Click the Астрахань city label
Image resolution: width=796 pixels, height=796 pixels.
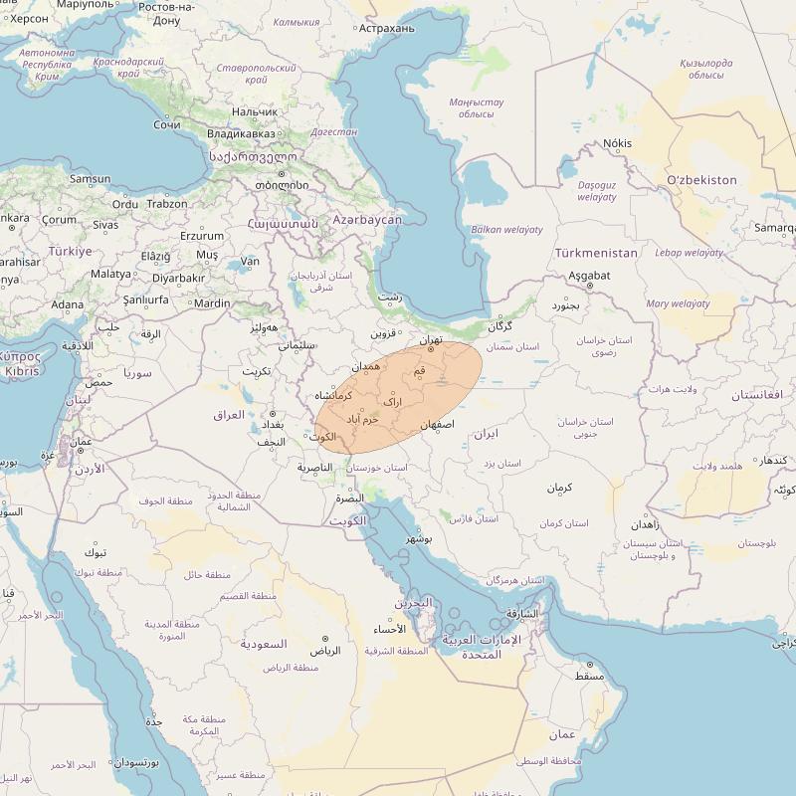pyautogui.click(x=387, y=28)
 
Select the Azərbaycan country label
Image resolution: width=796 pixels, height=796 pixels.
pyautogui.click(x=367, y=219)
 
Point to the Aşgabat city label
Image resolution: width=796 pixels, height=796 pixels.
pyautogui.click(x=588, y=275)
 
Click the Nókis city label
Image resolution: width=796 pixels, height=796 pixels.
pyautogui.click(x=617, y=143)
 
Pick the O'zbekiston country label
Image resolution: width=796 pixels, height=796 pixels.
pyautogui.click(x=702, y=180)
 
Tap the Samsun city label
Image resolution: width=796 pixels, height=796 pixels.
pyautogui.click(x=91, y=179)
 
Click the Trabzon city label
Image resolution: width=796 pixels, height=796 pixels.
pyautogui.click(x=166, y=204)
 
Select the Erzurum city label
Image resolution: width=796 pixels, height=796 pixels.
pyautogui.click(x=202, y=236)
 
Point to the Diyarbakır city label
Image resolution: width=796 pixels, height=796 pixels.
pyautogui.click(x=178, y=279)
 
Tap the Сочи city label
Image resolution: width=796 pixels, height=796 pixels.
pyautogui.click(x=167, y=125)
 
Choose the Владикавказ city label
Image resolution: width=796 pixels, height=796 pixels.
pyautogui.click(x=241, y=133)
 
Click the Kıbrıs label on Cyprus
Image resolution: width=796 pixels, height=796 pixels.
pyautogui.click(x=22, y=371)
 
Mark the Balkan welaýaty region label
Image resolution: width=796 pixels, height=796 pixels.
pyautogui.click(x=507, y=230)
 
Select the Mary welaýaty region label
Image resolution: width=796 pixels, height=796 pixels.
pyautogui.click(x=678, y=303)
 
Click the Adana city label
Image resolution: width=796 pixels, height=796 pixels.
pyautogui.click(x=68, y=304)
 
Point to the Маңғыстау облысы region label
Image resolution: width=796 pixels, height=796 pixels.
pyautogui.click(x=476, y=107)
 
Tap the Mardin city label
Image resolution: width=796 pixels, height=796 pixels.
pyautogui.click(x=212, y=304)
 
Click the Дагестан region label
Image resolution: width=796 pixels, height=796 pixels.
pyautogui.click(x=334, y=131)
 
